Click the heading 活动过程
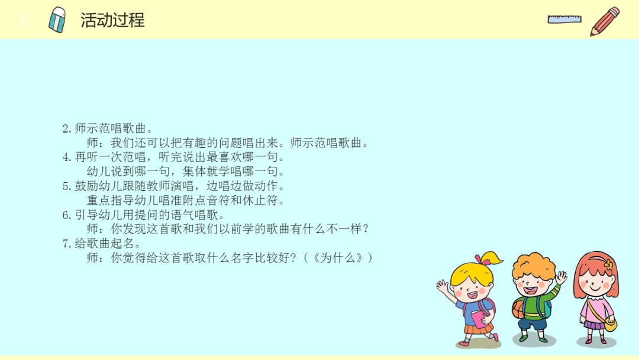[x=112, y=20]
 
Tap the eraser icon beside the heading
[x=57, y=20]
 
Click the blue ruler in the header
[x=564, y=19]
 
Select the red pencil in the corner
[x=605, y=21]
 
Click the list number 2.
[x=66, y=128]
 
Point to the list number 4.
[x=66, y=157]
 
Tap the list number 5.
[x=66, y=186]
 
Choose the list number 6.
[x=66, y=215]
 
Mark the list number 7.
[x=66, y=243]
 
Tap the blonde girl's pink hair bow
[x=483, y=259]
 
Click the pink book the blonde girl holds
[x=478, y=318]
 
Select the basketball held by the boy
[x=518, y=308]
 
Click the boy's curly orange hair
[x=534, y=265]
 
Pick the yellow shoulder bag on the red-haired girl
[x=609, y=324]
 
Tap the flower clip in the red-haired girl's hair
[x=608, y=265]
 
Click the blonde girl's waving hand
[x=442, y=287]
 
